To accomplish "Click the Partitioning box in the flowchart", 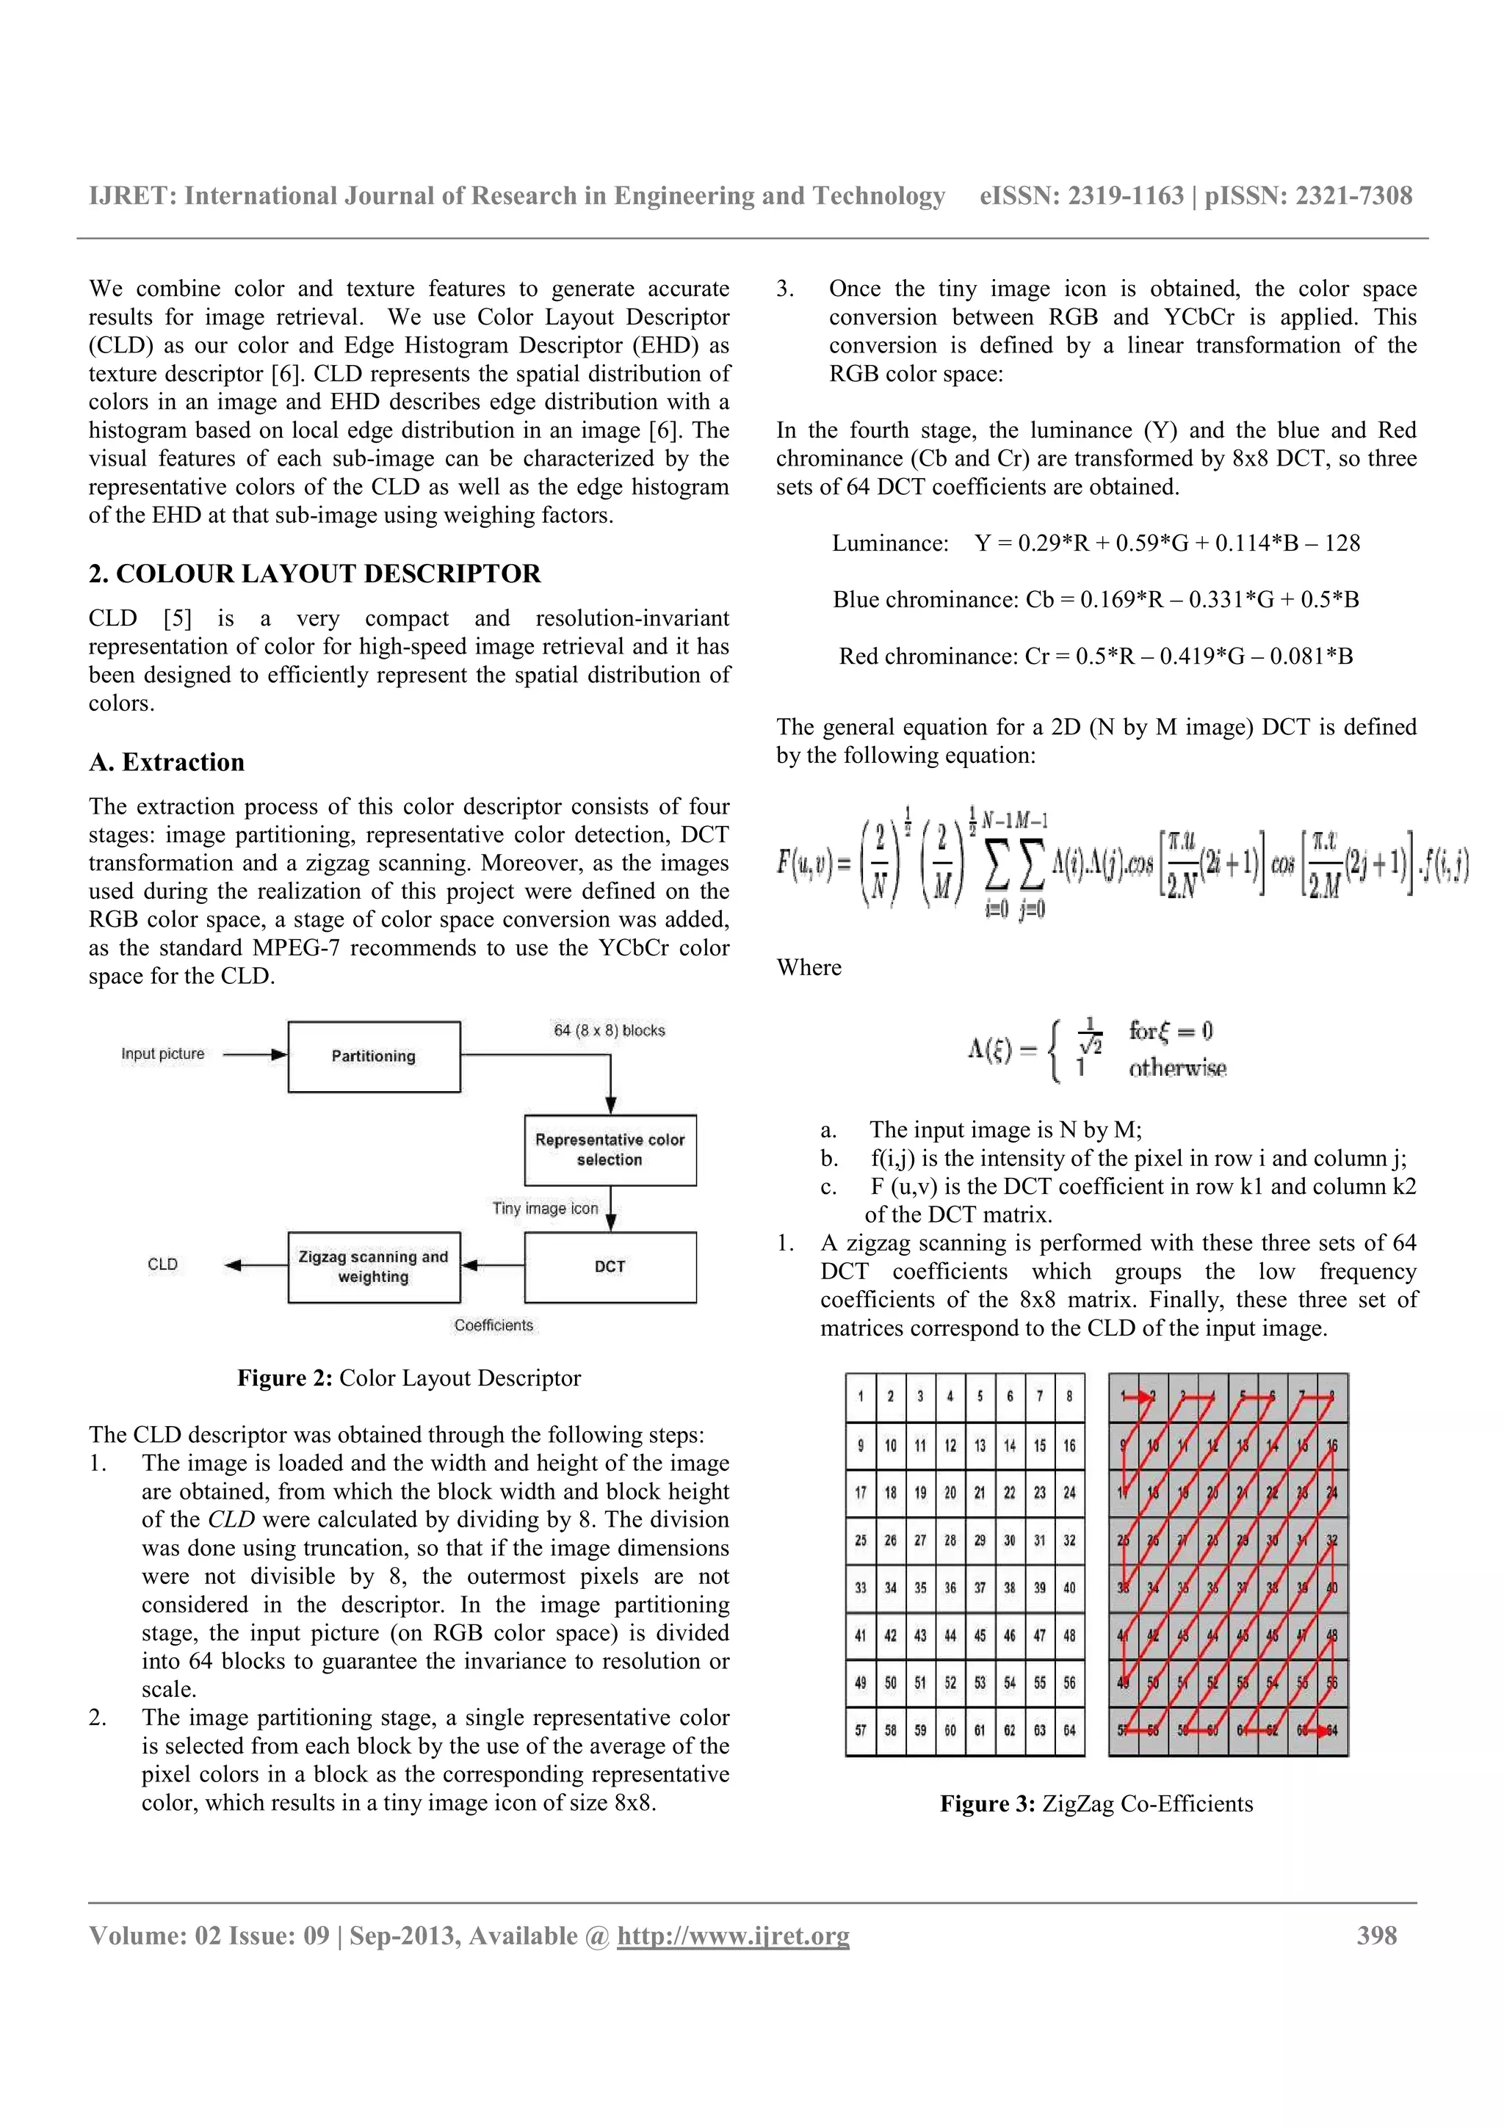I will pos(374,1057).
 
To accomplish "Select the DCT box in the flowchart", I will pos(610,1267).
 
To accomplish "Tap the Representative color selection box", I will pos(610,1149).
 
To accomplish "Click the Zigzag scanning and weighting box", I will pos(374,1267).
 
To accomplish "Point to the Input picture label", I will pos(162,1054).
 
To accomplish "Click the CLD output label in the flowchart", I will pos(162,1264).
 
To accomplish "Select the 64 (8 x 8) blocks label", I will pos(609,1031).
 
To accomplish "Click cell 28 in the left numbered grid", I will pos(950,1541).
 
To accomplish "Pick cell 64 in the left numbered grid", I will pos(1069,1731).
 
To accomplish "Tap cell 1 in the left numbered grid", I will pos(861,1397).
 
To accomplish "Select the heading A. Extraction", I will pos(167,762).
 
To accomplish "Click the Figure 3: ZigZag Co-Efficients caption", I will pos(1096,1803).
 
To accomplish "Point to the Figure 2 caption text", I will pos(408,1378).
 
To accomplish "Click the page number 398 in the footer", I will pos(1376,1936).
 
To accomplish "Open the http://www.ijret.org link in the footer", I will pos(732,1936).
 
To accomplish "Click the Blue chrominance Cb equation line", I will pos(1096,600).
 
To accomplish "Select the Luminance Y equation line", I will pos(1096,543).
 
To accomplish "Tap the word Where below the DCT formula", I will pos(809,968).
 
